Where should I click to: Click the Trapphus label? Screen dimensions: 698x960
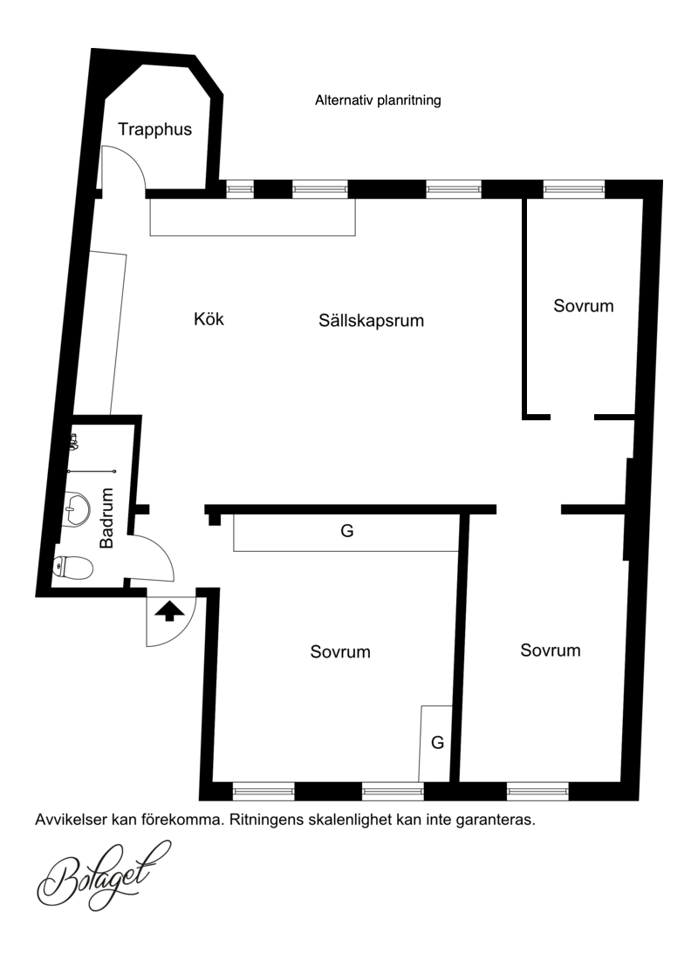point(154,130)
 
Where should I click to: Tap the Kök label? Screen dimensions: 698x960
point(209,319)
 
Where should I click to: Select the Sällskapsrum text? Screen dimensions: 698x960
point(372,321)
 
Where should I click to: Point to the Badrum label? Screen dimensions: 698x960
point(106,518)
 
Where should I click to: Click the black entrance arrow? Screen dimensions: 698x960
point(169,611)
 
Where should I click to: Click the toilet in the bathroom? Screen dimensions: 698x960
point(73,567)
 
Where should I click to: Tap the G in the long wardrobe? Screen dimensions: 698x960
point(347,531)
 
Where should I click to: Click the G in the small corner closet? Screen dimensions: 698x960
point(437,743)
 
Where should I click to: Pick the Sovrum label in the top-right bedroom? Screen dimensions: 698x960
point(584,306)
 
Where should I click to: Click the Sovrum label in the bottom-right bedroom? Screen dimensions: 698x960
point(551,650)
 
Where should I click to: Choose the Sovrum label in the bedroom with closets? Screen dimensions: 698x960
point(340,652)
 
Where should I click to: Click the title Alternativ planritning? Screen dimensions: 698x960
point(378,100)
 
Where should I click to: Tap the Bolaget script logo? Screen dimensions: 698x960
point(103,875)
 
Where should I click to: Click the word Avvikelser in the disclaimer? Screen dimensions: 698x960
point(71,820)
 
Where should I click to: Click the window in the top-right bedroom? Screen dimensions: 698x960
point(574,189)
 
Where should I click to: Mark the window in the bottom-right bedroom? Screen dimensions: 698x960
point(537,792)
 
